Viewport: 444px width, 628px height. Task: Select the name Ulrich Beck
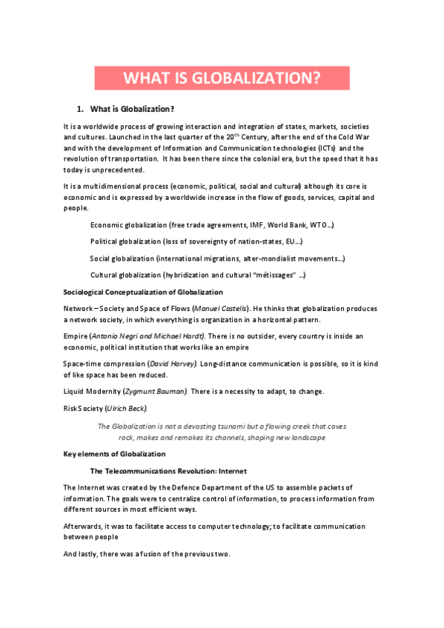[x=127, y=408]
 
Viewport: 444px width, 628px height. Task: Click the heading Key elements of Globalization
[x=114, y=453]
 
